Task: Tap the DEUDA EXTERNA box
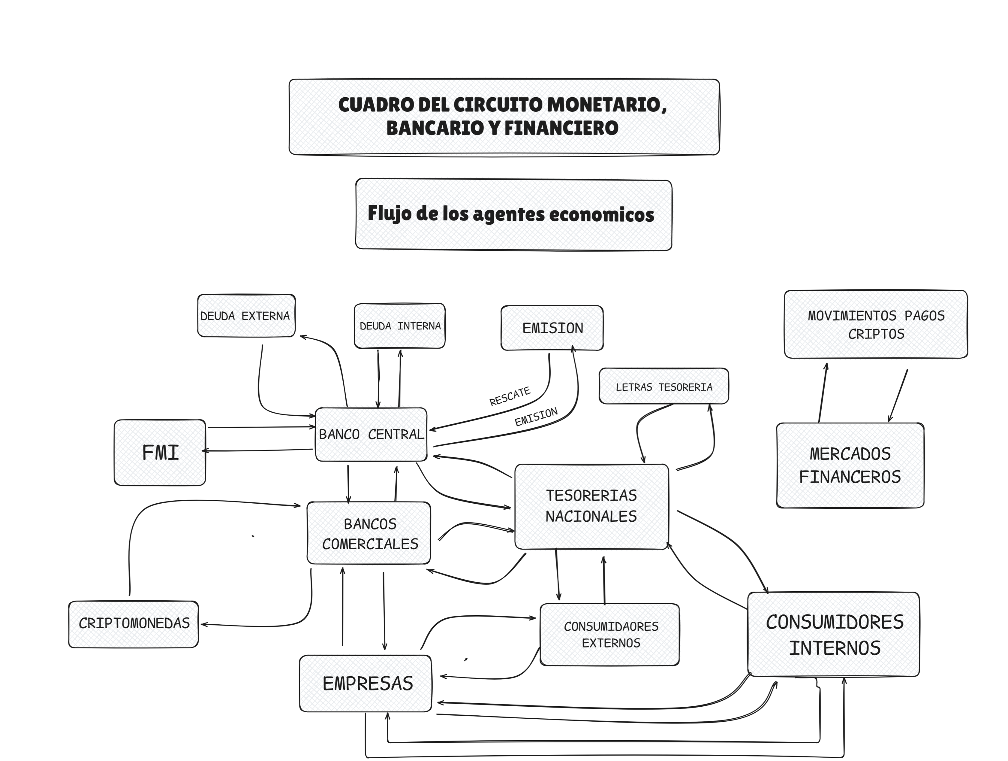pyautogui.click(x=246, y=316)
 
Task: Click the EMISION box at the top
pyautogui.click(x=552, y=328)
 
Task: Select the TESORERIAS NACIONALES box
pyautogui.click(x=591, y=506)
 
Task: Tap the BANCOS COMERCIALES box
pyautogui.click(x=369, y=533)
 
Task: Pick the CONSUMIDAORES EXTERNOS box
pyautogui.click(x=610, y=634)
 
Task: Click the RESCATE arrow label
pyautogui.click(x=510, y=396)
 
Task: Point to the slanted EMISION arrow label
pyautogui.click(x=536, y=417)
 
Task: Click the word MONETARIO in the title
pyautogui.click(x=606, y=105)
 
